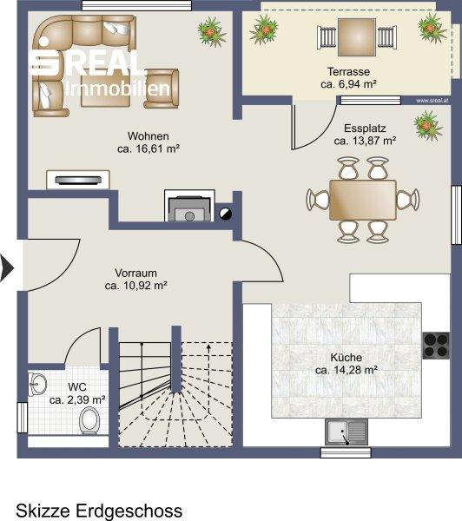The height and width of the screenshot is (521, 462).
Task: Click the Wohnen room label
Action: coord(148,136)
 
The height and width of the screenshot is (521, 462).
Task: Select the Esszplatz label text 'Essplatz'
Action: coord(365,129)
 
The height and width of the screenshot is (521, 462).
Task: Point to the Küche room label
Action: coord(346,358)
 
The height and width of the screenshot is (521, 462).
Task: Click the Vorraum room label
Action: coord(135,274)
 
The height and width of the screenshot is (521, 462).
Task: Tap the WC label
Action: coord(77,387)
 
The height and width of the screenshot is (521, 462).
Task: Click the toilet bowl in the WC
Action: coord(89,420)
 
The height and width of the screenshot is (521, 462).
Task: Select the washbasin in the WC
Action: coord(36,385)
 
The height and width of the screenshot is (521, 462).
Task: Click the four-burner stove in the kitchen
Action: coord(436,346)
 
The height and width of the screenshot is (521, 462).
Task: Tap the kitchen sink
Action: coord(346,432)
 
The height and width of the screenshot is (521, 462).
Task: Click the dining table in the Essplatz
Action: coord(363,200)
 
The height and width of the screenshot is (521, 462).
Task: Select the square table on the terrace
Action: coord(357,37)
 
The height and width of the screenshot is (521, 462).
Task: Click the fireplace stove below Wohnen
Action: coord(189,206)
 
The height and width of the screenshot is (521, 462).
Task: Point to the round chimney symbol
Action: coord(225,214)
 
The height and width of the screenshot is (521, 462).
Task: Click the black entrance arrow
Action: coord(7,268)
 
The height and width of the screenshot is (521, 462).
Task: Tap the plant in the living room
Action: coord(211,32)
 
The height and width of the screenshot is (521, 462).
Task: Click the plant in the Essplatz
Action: coord(427,126)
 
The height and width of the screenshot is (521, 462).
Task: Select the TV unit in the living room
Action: coord(78,180)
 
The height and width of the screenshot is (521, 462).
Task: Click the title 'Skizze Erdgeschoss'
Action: coord(99,511)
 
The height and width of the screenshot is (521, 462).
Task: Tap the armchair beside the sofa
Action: coord(162,89)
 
